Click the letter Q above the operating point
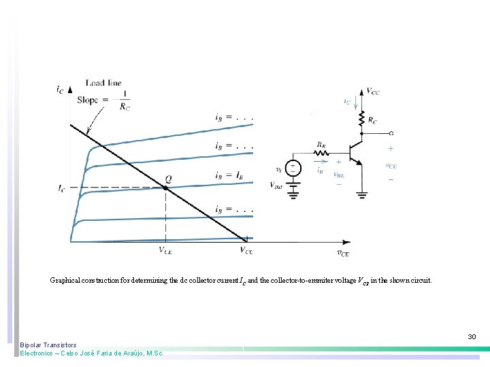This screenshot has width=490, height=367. (x=167, y=179)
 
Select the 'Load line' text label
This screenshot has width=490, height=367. (x=103, y=83)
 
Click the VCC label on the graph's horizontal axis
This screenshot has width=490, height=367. (x=246, y=250)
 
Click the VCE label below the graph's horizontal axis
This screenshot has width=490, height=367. (x=166, y=250)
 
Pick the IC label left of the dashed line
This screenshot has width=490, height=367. (x=62, y=188)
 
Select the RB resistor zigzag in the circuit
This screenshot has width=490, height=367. (x=321, y=152)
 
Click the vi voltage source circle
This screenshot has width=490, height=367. (x=293, y=168)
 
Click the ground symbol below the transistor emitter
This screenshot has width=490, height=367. (x=361, y=194)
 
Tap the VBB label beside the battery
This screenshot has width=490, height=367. (x=276, y=185)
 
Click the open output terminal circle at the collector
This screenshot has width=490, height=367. (x=391, y=133)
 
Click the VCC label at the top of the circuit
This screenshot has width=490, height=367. (x=373, y=90)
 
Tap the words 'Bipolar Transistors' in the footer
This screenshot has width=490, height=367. (x=48, y=345)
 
